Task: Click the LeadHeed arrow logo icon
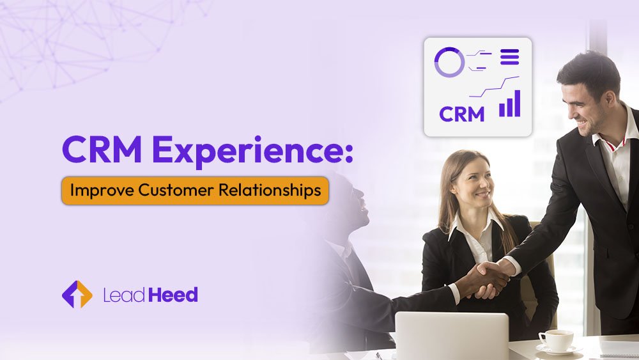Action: coord(77,294)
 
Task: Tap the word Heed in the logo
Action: coord(173,295)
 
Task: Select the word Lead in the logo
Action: coord(124,295)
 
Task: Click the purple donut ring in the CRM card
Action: coord(449,62)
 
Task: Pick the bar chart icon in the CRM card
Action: coord(509,104)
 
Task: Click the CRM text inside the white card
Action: coord(461,114)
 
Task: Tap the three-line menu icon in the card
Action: coord(509,56)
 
